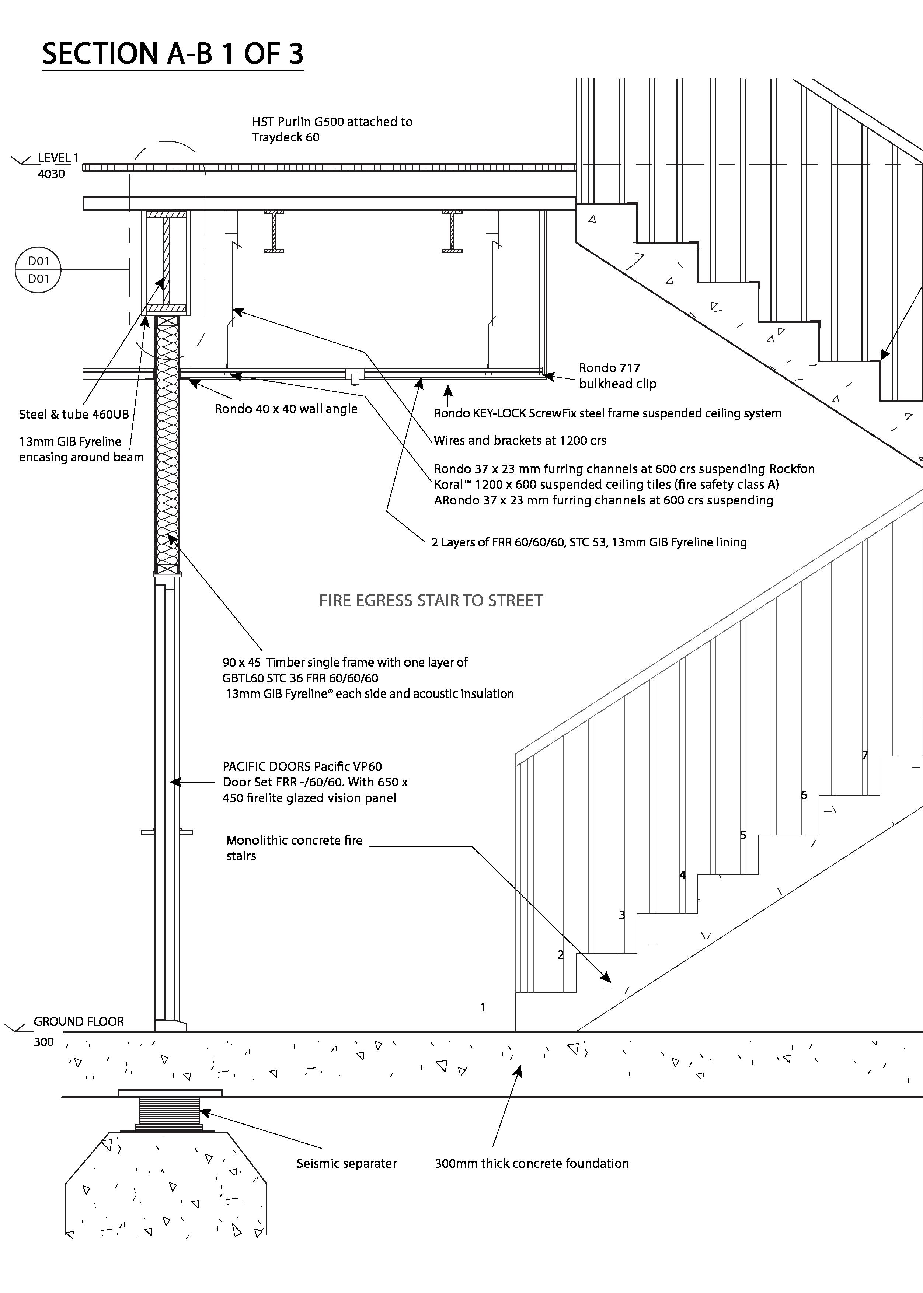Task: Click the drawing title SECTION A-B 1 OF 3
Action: tap(173, 53)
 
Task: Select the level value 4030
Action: tap(51, 174)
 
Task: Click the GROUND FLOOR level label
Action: tap(79, 1021)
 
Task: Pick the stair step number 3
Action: tap(622, 915)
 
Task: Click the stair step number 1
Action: tap(483, 1007)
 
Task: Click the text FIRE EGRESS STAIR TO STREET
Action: tap(431, 601)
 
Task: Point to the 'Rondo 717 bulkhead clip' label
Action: tap(617, 375)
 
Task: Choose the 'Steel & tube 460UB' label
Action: tap(74, 414)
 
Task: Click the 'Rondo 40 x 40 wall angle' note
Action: tap(286, 409)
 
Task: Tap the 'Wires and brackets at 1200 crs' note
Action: tap(519, 440)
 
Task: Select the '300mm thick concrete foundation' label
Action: tap(532, 1163)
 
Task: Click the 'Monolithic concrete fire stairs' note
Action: tap(294, 848)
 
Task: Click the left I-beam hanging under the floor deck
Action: tap(274, 231)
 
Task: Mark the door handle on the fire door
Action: tap(167, 832)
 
